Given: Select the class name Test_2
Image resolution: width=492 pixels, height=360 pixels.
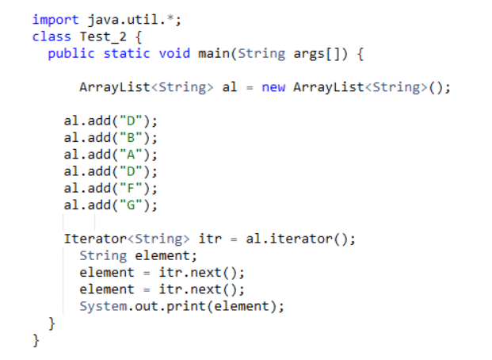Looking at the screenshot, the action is pos(98,37).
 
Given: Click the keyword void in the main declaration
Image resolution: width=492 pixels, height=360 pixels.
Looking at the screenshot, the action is pos(174,54).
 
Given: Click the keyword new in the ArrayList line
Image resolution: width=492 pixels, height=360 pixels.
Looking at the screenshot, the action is pos(273,87).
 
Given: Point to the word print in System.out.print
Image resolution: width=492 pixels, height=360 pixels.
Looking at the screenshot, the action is pos(196,306).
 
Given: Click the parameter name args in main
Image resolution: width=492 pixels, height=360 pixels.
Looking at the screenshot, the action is pos(313,54).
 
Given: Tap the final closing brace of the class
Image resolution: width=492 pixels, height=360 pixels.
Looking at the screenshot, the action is pos(36,340).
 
